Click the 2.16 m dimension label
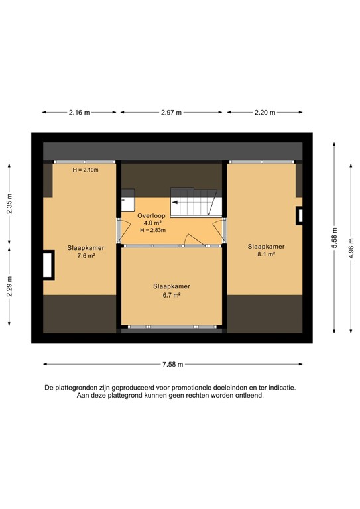click(80, 113)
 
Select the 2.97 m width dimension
click(172, 113)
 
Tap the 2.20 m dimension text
click(265, 113)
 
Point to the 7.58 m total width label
click(172, 364)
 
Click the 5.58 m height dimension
click(335, 237)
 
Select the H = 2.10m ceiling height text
click(85, 170)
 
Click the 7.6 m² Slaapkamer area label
click(82, 256)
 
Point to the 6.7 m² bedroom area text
click(172, 295)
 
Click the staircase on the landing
click(194, 201)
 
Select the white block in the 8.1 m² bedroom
click(300, 215)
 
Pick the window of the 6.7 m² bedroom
click(172, 327)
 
